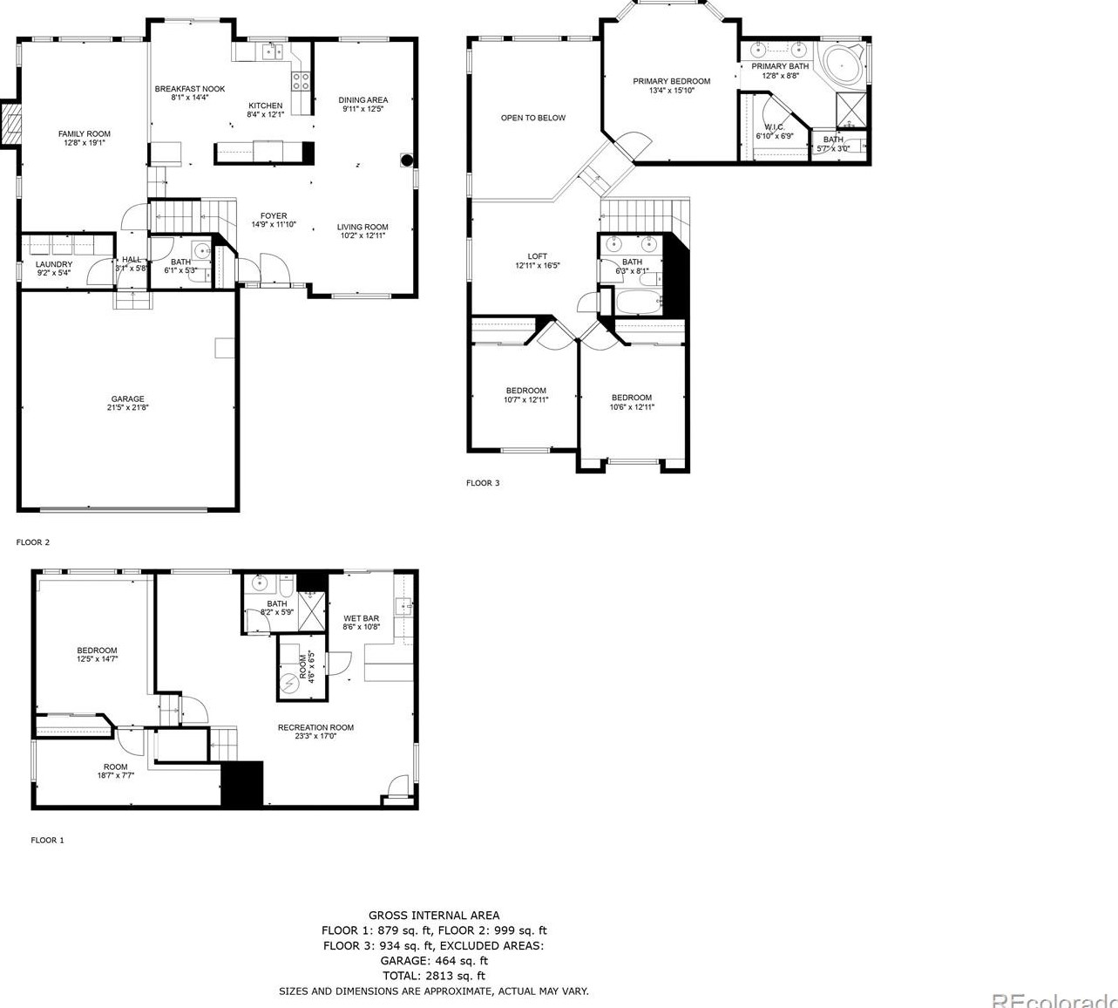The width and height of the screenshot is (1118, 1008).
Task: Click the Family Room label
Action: tap(85, 138)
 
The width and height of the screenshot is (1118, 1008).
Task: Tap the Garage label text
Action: tap(127, 403)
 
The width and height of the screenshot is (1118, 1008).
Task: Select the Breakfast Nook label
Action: tap(190, 92)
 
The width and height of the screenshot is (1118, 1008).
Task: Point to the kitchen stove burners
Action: tap(302, 81)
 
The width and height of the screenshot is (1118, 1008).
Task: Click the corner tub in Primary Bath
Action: tap(843, 65)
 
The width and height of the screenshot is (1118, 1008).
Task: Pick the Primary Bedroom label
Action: tap(671, 85)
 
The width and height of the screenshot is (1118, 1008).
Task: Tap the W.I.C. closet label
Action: tap(774, 131)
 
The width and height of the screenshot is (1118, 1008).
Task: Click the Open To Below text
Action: tap(532, 118)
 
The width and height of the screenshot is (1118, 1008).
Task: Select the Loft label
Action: tap(538, 261)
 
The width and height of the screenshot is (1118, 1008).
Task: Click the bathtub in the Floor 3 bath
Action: tap(638, 303)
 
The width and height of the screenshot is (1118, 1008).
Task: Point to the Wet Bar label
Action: tap(361, 622)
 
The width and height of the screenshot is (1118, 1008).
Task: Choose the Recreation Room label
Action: tap(315, 731)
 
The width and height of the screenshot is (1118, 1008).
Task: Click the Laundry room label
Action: tap(54, 268)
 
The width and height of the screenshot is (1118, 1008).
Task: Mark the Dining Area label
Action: tap(363, 104)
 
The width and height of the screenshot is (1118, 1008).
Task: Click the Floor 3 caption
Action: tap(483, 483)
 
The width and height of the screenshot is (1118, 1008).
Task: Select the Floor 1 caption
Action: tap(48, 841)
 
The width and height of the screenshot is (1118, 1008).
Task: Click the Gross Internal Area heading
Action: tap(434, 915)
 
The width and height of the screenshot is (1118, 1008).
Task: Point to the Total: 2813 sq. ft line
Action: tap(434, 976)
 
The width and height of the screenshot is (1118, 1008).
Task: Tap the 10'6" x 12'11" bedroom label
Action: tap(632, 402)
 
